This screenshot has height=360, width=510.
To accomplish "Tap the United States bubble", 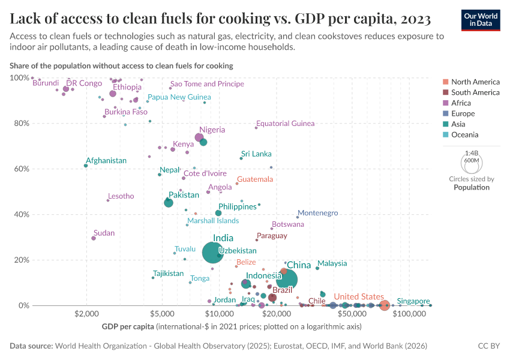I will [385, 305].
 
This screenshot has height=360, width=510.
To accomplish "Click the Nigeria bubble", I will [199, 138].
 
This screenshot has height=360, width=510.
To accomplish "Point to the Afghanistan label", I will [106, 161].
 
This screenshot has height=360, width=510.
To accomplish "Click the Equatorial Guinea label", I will [285, 124].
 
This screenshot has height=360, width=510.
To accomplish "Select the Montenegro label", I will [318, 213].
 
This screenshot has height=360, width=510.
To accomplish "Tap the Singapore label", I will [413, 301].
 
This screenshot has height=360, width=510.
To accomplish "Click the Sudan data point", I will [94, 238].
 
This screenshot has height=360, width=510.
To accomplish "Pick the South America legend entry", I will [475, 92].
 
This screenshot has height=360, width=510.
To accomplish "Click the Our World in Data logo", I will [481, 19].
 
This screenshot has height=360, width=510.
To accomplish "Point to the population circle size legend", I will [471, 163].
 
